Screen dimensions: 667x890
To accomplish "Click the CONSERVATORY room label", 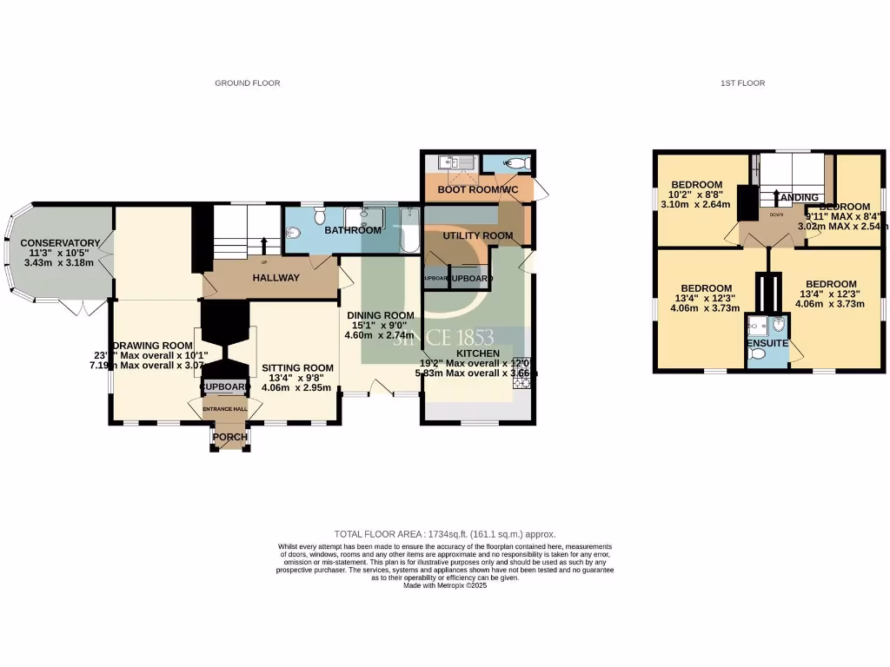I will [60, 242].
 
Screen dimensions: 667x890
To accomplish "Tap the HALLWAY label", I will [276, 278].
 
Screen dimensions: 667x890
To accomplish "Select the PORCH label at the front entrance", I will [230, 436].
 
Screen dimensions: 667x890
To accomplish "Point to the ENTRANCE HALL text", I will [225, 408].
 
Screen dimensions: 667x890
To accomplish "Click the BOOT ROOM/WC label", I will [478, 188].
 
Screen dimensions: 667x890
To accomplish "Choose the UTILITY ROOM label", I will [478, 235].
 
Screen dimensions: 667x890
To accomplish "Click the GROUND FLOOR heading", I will [248, 83].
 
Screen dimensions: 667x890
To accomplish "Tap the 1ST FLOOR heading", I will [742, 83].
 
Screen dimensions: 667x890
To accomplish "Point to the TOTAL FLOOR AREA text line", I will [445, 534].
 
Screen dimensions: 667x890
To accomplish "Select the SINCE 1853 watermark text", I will [443, 337].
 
